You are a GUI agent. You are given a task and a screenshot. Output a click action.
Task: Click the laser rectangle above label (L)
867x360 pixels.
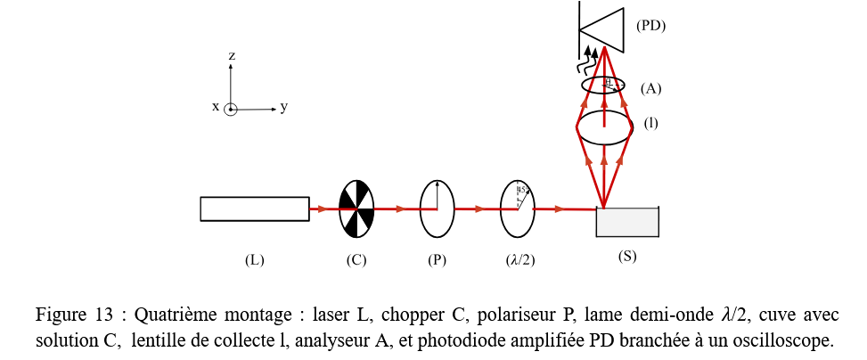(x=255, y=209)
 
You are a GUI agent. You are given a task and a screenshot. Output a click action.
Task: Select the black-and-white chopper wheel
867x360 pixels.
(x=356, y=209)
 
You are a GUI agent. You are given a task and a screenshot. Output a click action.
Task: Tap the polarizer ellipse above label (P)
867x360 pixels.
(x=437, y=209)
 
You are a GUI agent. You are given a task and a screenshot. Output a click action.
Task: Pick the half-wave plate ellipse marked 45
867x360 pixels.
(x=518, y=209)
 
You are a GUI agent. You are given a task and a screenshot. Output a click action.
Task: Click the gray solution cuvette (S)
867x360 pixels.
(x=627, y=223)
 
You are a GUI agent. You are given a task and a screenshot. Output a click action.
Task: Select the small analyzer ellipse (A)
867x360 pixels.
(x=603, y=85)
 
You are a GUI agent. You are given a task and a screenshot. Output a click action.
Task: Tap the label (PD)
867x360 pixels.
(x=650, y=26)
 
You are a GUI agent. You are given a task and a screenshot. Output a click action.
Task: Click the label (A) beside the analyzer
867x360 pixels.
(x=650, y=88)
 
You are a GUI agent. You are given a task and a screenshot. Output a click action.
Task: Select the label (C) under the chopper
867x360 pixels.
(x=356, y=260)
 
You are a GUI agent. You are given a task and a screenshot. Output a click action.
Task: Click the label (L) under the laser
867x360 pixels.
(x=255, y=260)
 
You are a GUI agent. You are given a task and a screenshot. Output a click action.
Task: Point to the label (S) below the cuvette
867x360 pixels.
(x=627, y=256)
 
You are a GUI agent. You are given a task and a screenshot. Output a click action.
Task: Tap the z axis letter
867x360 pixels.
(x=231, y=55)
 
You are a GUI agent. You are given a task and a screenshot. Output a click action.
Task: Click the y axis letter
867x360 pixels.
(x=283, y=107)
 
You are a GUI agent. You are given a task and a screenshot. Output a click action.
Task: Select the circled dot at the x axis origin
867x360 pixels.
(x=231, y=110)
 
